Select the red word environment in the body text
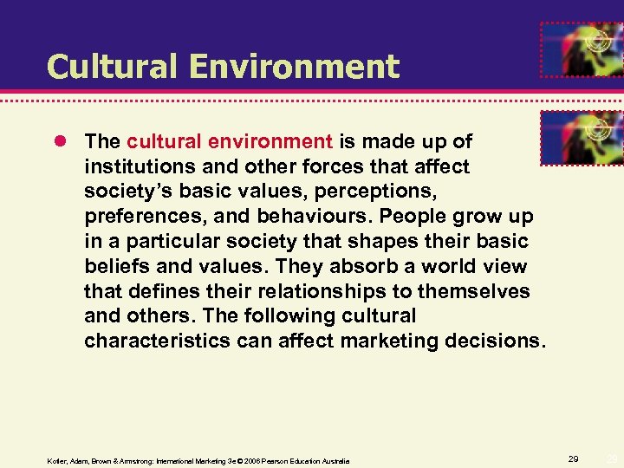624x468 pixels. (279, 140)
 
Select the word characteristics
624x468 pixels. (156, 341)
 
